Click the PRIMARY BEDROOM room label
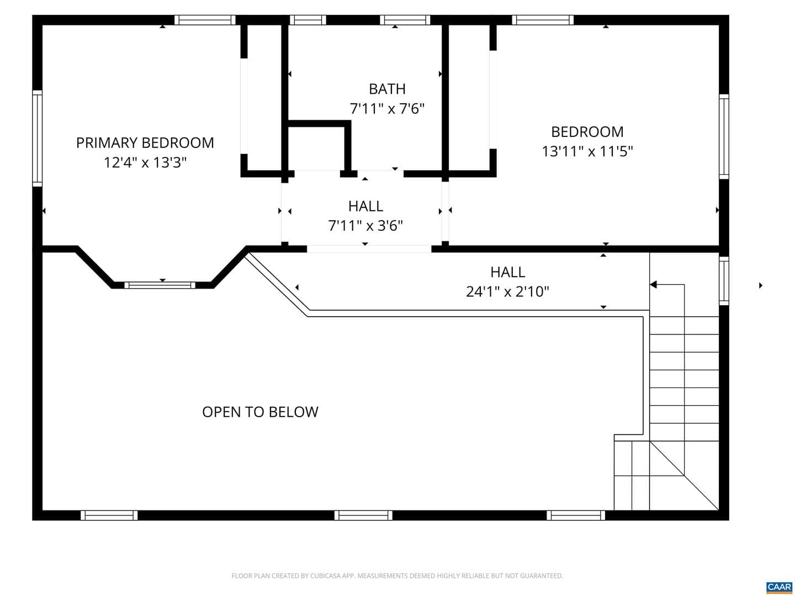(145, 143)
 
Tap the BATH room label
(387, 89)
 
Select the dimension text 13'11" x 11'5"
(587, 151)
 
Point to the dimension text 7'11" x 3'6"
(365, 226)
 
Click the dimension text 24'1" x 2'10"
(507, 292)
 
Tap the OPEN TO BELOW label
(260, 412)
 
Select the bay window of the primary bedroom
(160, 285)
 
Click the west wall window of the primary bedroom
(38, 138)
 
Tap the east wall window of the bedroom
(724, 136)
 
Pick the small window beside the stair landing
(724, 281)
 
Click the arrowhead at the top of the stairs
(653, 285)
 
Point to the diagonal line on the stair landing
(684, 476)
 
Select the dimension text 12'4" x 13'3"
(145, 162)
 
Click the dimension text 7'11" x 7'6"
(387, 109)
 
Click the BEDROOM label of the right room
(587, 132)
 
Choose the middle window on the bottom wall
(363, 515)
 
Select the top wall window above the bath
(405, 20)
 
